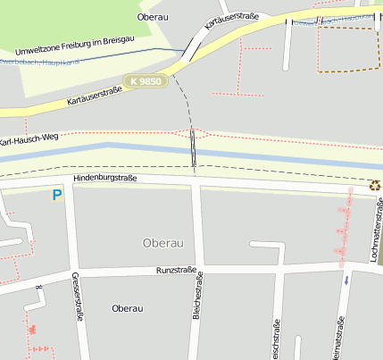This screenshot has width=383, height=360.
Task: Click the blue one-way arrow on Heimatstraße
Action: click(346, 280)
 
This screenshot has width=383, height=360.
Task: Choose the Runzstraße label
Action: click(176, 269)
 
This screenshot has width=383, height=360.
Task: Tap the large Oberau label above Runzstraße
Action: click(162, 243)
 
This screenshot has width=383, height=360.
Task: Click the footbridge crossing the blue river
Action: click(192, 148)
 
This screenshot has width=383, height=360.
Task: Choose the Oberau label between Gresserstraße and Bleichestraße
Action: click(127, 308)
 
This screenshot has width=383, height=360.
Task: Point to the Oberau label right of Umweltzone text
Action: click(154, 17)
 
